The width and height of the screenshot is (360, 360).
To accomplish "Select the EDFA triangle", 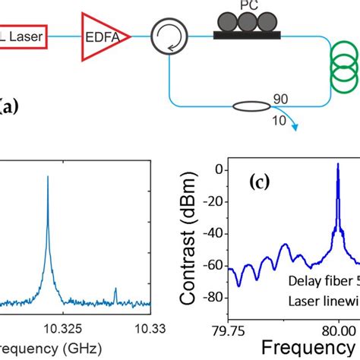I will pos(103,35).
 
